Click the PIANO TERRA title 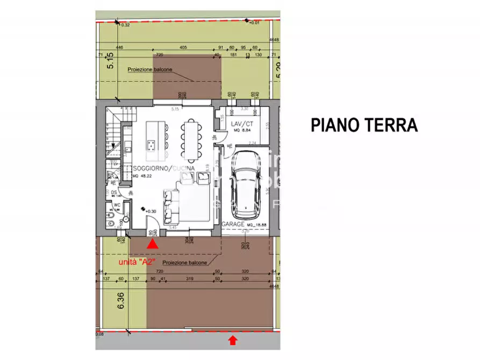pos(364,125)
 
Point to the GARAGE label pos(233,224)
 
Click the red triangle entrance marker pos(153,244)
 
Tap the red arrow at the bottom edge pos(232,340)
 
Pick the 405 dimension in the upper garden pos(183,47)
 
